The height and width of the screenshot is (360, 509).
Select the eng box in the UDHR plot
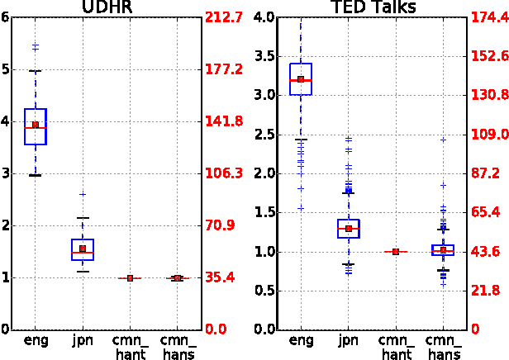point(36,126)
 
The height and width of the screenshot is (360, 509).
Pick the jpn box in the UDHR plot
point(83,249)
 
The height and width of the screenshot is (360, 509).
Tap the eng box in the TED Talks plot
point(301,79)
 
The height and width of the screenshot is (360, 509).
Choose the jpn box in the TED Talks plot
point(349,229)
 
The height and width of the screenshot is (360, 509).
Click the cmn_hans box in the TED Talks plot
point(443,249)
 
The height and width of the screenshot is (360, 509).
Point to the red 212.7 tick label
point(224,17)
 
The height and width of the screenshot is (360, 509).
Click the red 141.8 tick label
point(224,121)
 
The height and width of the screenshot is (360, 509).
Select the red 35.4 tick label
point(221,277)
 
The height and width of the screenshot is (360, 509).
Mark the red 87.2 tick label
point(486,173)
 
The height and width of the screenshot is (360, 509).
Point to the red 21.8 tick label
point(486,291)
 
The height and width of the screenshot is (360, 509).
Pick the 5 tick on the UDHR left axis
point(7,69)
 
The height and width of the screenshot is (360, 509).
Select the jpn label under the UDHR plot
point(83,340)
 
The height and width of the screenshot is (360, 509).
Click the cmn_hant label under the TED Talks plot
point(395,346)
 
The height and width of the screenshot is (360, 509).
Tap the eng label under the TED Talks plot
point(301,340)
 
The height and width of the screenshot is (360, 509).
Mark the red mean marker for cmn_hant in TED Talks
point(396,251)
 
